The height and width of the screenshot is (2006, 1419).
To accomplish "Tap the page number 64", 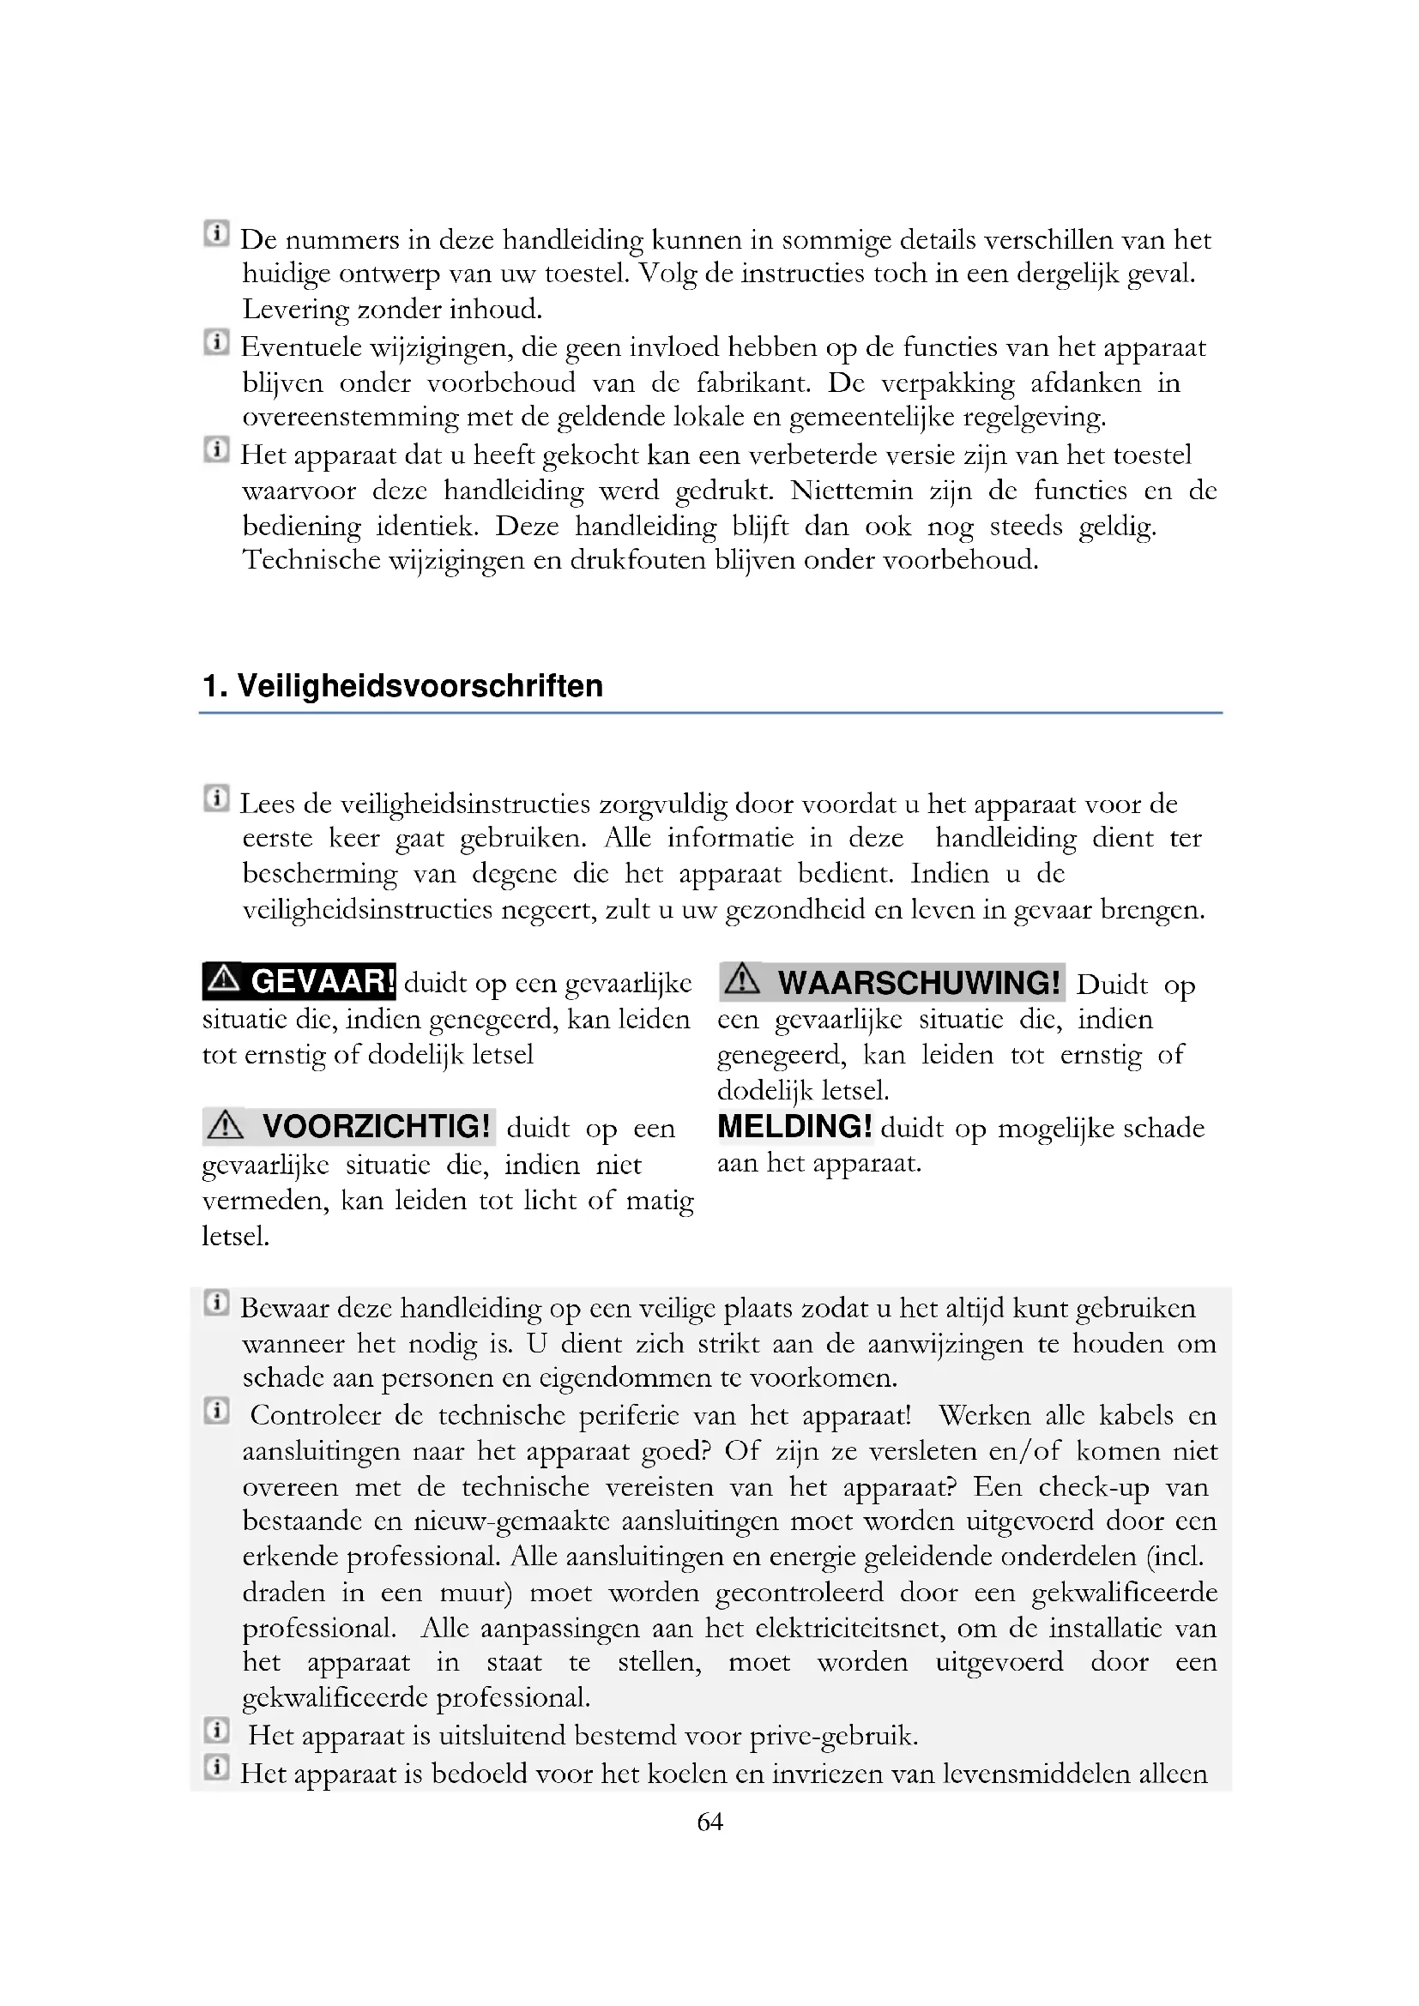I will [709, 1821].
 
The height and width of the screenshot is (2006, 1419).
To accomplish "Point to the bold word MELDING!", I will [794, 1126].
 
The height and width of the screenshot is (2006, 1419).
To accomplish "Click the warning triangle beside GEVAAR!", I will [225, 979].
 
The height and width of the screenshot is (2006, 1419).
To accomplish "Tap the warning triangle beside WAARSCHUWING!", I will [742, 979].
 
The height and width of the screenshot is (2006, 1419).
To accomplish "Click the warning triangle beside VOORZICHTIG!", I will [226, 1124].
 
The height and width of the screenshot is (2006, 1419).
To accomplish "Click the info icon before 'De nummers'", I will [216, 233].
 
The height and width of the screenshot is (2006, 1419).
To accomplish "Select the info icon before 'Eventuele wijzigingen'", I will [216, 341].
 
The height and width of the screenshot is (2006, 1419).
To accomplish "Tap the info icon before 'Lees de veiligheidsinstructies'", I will [216, 798].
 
